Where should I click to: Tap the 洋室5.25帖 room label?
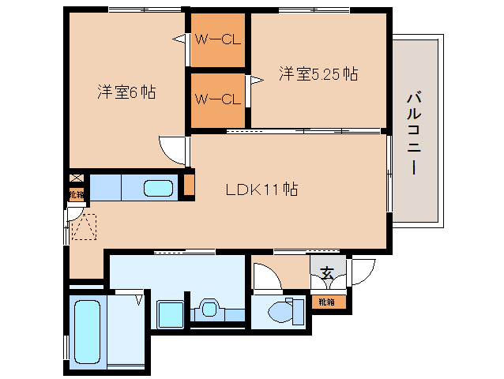point(318,74)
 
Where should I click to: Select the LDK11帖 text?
point(261,189)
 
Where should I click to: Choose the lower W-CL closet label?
point(218,99)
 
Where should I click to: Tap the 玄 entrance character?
point(327,274)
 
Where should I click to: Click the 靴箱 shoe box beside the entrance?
point(327,302)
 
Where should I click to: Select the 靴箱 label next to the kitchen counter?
point(75,194)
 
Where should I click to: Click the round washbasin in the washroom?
point(209,307)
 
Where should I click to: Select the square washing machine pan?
point(170,313)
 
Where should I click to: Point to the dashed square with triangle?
point(83,227)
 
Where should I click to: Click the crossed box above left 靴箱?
point(75,179)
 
